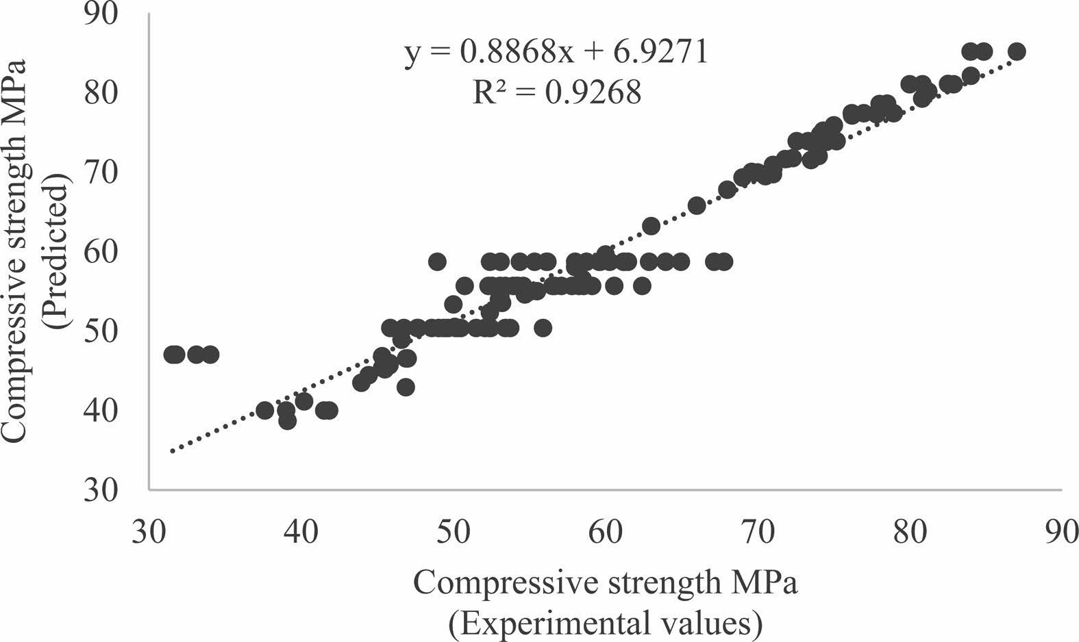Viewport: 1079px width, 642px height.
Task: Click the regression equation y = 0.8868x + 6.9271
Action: coord(556,52)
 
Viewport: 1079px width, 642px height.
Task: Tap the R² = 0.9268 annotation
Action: coord(556,92)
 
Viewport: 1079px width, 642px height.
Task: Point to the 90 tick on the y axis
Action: coord(103,14)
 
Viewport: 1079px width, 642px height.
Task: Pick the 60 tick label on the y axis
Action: coord(103,251)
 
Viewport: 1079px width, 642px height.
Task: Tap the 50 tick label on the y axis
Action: coord(103,331)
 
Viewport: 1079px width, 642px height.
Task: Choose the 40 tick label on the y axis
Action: coord(103,410)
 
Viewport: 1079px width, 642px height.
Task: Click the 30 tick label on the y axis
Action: coord(103,489)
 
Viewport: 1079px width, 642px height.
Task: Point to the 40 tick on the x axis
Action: coord(301,532)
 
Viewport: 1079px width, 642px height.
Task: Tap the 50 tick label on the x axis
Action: coord(454,532)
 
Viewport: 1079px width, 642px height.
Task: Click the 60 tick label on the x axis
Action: coord(606,532)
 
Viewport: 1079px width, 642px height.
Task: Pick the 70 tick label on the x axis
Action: coord(758,532)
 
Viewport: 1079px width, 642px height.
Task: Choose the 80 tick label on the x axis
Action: coord(910,532)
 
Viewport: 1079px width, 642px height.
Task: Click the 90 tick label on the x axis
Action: coord(1062,532)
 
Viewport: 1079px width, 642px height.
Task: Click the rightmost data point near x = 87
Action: coord(1017,51)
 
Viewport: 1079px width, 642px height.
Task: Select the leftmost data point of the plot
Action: coord(172,355)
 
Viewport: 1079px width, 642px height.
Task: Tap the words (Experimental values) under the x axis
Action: coord(606,624)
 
